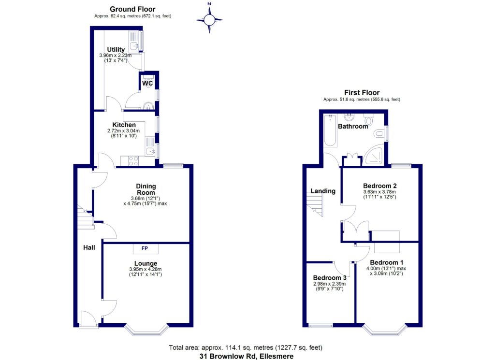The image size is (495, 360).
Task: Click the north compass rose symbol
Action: (x=209, y=19)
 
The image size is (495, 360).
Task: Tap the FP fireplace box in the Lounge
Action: (x=146, y=248)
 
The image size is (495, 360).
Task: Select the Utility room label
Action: (x=116, y=49)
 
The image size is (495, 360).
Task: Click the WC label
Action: (x=147, y=84)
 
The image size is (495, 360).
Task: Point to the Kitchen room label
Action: (x=124, y=125)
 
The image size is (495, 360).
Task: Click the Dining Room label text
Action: (x=146, y=189)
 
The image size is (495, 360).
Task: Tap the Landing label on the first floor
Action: (x=323, y=191)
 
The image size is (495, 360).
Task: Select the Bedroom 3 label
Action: (x=330, y=278)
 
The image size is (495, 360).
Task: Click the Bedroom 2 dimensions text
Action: (x=380, y=194)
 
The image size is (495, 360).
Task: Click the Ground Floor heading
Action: (x=132, y=9)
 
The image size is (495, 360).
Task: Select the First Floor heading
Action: (x=362, y=92)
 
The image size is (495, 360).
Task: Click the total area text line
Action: (x=246, y=347)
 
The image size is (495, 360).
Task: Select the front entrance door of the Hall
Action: (x=88, y=320)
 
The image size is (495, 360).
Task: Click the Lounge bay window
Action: (x=146, y=331)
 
